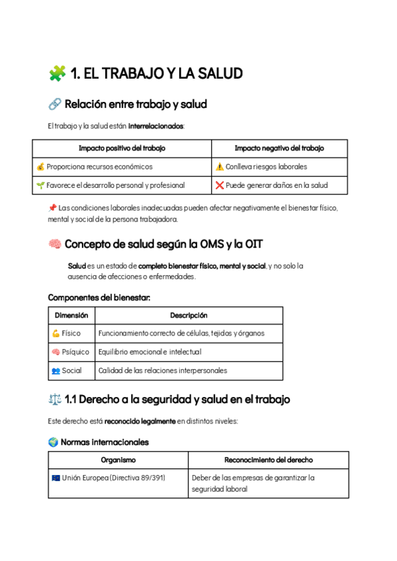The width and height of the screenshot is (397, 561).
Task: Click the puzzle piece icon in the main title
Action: pyautogui.click(x=57, y=73)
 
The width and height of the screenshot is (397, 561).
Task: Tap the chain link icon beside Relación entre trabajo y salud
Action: pyautogui.click(x=55, y=105)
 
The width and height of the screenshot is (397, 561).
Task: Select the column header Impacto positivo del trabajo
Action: pyautogui.click(x=122, y=148)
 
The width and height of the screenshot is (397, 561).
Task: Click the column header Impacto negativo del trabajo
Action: pyautogui.click(x=279, y=148)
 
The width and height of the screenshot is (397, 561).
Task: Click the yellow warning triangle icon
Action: pyautogui.click(x=220, y=167)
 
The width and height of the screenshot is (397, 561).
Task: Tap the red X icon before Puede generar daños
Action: pyautogui.click(x=220, y=185)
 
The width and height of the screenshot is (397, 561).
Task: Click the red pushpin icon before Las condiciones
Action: pyautogui.click(x=53, y=208)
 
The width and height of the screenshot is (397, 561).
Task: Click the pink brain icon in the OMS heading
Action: pyautogui.click(x=55, y=245)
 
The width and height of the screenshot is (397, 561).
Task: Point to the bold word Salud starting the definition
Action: pyautogui.click(x=77, y=266)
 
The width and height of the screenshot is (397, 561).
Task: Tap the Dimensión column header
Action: pyautogui.click(x=71, y=316)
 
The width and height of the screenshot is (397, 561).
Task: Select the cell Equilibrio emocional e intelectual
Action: pyautogui.click(x=150, y=352)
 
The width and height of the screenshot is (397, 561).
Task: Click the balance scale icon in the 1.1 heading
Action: pyautogui.click(x=55, y=400)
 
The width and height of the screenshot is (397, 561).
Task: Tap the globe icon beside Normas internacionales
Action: pyautogui.click(x=53, y=442)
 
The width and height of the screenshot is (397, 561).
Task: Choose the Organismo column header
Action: pyautogui.click(x=118, y=460)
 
